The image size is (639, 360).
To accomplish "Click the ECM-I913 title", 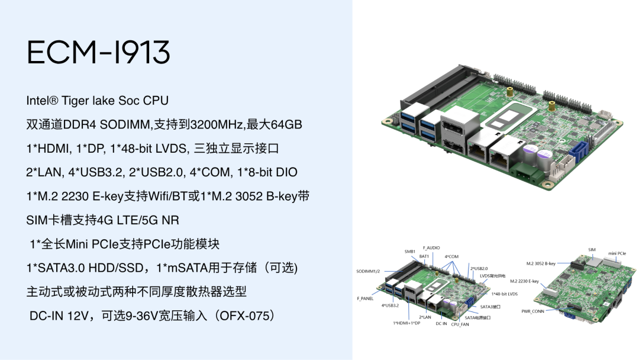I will coord(98,53).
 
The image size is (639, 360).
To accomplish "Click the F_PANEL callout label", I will coord(365,298).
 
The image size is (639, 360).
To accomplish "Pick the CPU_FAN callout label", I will coord(460,324).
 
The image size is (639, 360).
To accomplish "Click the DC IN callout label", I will coord(441,323).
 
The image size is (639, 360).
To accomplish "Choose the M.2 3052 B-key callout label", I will coord(541,263).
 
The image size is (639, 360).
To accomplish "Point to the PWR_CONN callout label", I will coord(532,311).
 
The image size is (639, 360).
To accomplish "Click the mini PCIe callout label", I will coord(617,253).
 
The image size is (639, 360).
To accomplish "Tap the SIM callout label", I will coord(592,249).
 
